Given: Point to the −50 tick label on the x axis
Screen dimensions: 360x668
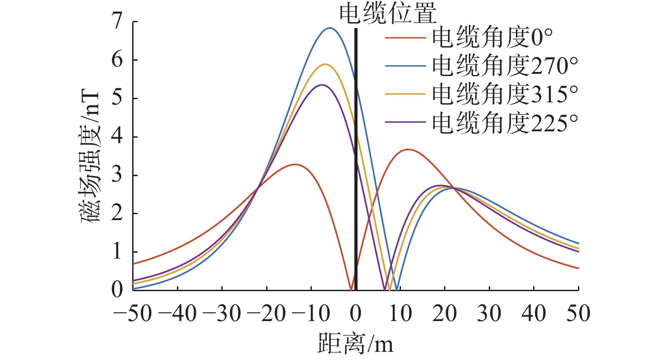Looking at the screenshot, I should click(x=133, y=314).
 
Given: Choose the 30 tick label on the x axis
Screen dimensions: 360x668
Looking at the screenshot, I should click(x=490, y=314).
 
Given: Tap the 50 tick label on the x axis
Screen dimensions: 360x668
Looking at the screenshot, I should click(x=579, y=314).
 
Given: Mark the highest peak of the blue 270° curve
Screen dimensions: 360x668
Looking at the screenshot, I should click(x=330, y=28).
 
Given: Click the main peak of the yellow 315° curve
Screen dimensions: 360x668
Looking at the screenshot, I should click(x=325, y=64).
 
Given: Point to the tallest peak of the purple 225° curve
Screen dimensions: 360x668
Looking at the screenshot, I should click(x=322, y=85).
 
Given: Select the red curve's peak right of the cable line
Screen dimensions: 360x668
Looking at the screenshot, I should click(x=408, y=149).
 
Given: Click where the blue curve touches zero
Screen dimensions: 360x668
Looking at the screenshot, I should click(x=396, y=289).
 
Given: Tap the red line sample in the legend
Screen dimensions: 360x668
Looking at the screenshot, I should click(x=406, y=38).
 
